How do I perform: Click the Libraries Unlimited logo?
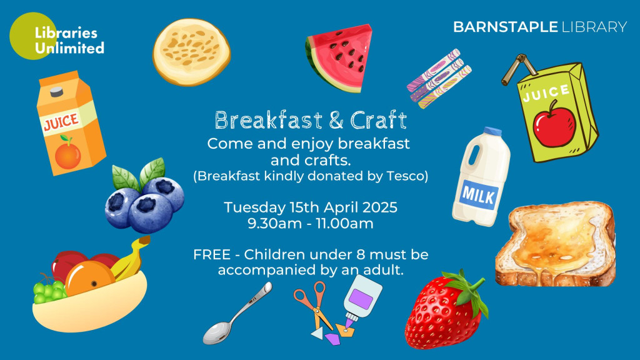tap(56, 36)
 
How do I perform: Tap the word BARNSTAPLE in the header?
tap(505, 27)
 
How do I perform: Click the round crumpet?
tap(191, 52)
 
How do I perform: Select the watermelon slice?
tap(339, 57)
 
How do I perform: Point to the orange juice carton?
tap(70, 123)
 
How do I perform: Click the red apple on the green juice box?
tap(554, 124)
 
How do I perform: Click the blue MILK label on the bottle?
tap(479, 195)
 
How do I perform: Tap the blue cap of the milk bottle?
tap(492, 131)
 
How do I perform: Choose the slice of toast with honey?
tap(556, 244)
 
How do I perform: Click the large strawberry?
tap(446, 309)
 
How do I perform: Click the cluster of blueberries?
tap(145, 196)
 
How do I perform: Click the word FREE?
tap(212, 255)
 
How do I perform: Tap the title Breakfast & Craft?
tap(311, 121)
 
